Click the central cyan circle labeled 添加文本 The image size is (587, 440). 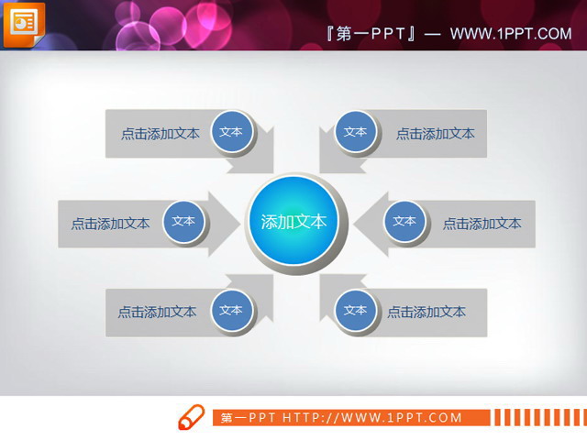293,222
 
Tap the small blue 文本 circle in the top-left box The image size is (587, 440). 232,132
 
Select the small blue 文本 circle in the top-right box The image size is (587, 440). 355,132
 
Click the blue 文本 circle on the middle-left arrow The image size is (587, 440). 183,221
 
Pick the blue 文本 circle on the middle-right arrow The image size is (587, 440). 404,221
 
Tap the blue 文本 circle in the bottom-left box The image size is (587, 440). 232,310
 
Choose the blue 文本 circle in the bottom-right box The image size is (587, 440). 355,310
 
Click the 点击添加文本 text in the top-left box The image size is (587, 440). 161,134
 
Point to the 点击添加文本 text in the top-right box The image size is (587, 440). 436,134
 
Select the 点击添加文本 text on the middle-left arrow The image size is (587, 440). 111,224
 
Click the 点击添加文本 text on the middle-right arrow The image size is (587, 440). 482,224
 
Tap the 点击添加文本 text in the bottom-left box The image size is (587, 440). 157,312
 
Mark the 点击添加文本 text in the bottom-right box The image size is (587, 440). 426,312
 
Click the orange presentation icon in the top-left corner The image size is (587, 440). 24,24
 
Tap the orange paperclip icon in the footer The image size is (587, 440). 190,417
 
